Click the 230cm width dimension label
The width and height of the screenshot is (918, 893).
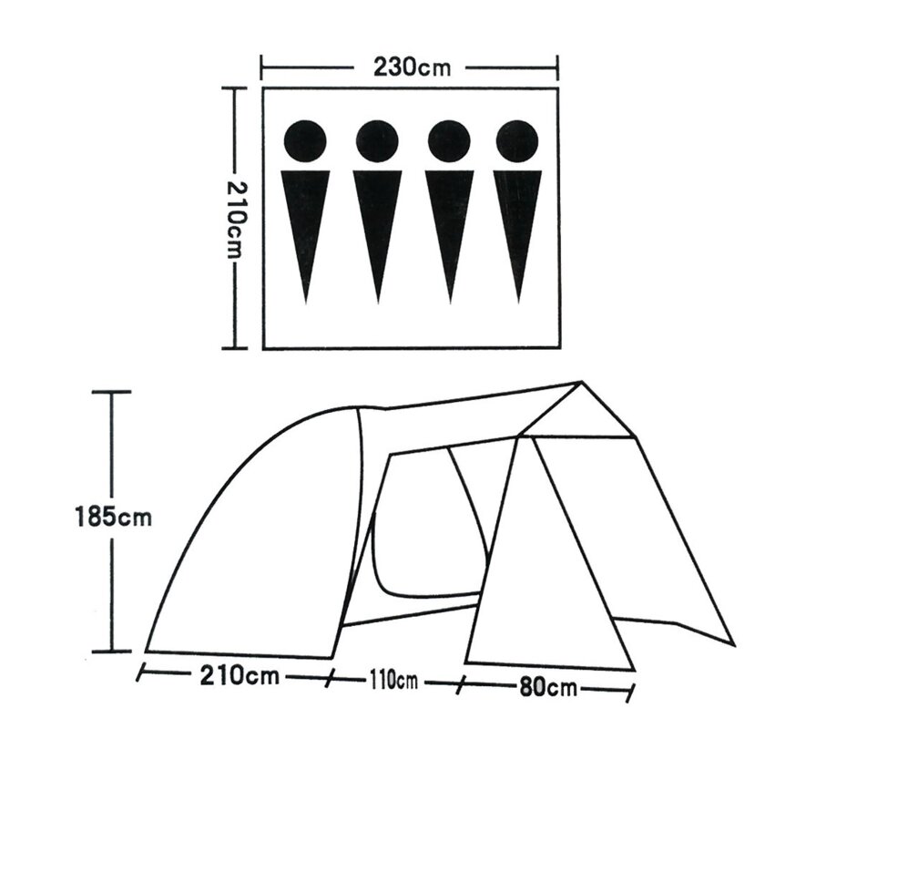coord(413,67)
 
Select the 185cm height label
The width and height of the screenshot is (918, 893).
coord(114,518)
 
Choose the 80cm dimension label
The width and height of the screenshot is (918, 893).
coord(548,687)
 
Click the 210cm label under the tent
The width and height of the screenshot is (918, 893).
coord(240,675)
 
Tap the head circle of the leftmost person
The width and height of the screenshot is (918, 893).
coord(305,141)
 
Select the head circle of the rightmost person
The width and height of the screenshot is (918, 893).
coord(517,141)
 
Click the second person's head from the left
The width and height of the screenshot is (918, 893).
coord(377,141)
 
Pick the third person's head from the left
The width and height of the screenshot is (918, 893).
coord(449,141)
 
